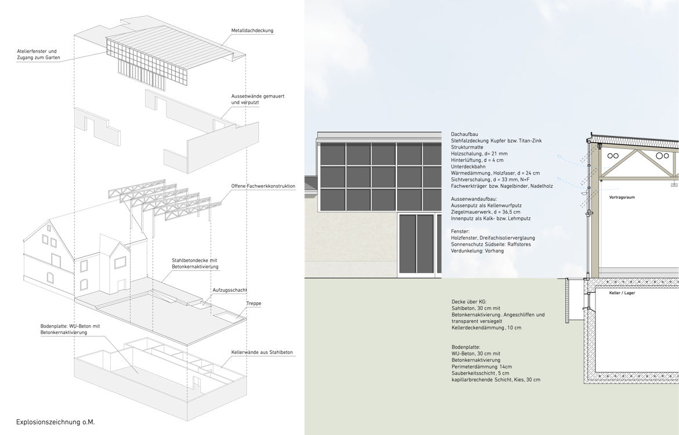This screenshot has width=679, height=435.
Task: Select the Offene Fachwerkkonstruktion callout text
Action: click(x=263, y=186)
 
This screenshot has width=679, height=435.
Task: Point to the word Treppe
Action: click(x=254, y=303)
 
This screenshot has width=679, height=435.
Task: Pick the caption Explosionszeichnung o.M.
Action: click(x=56, y=422)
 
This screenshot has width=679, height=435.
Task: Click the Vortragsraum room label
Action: click(x=622, y=198)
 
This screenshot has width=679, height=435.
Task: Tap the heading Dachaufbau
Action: click(x=464, y=134)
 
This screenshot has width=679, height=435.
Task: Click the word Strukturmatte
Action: click(x=467, y=147)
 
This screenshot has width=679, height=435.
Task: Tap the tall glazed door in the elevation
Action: click(x=417, y=244)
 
